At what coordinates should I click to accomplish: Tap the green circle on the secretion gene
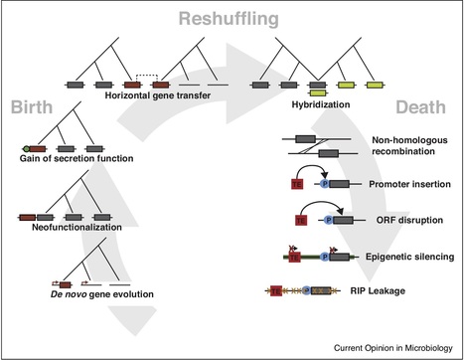[24, 148]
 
